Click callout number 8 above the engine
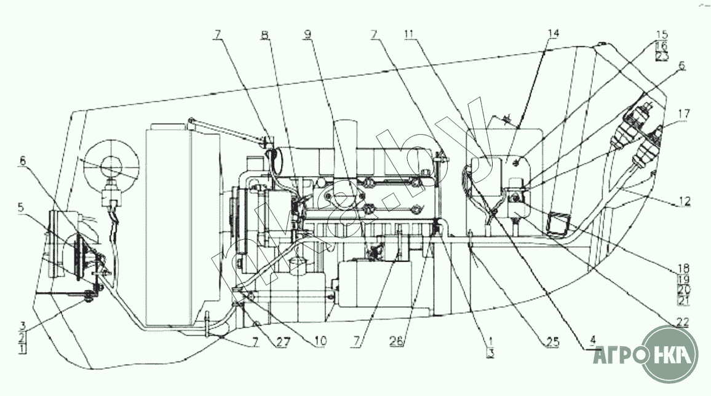[x=264, y=36]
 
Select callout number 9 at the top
[x=307, y=36]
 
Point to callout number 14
[x=554, y=34]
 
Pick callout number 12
[x=685, y=200]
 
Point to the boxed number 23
[x=662, y=56]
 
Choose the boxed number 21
[x=683, y=300]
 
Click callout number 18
[x=683, y=269]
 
